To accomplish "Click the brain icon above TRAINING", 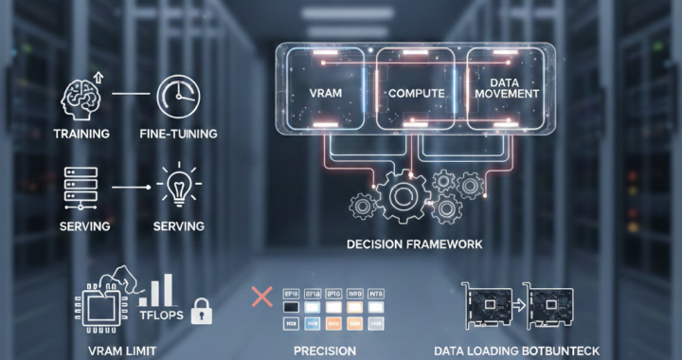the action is (81, 96).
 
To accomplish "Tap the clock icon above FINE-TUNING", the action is (177, 96).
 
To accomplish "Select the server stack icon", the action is (79, 186).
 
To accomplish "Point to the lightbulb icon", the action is (177, 186).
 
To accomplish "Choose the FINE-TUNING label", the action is (177, 135).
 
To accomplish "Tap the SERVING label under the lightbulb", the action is (177, 226).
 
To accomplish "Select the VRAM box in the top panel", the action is (325, 94).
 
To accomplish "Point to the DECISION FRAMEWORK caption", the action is (415, 244).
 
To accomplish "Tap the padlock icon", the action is (201, 311).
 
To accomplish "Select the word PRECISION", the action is (325, 351).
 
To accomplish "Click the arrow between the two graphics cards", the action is (519, 304).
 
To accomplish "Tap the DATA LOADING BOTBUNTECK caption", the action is (516, 351).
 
